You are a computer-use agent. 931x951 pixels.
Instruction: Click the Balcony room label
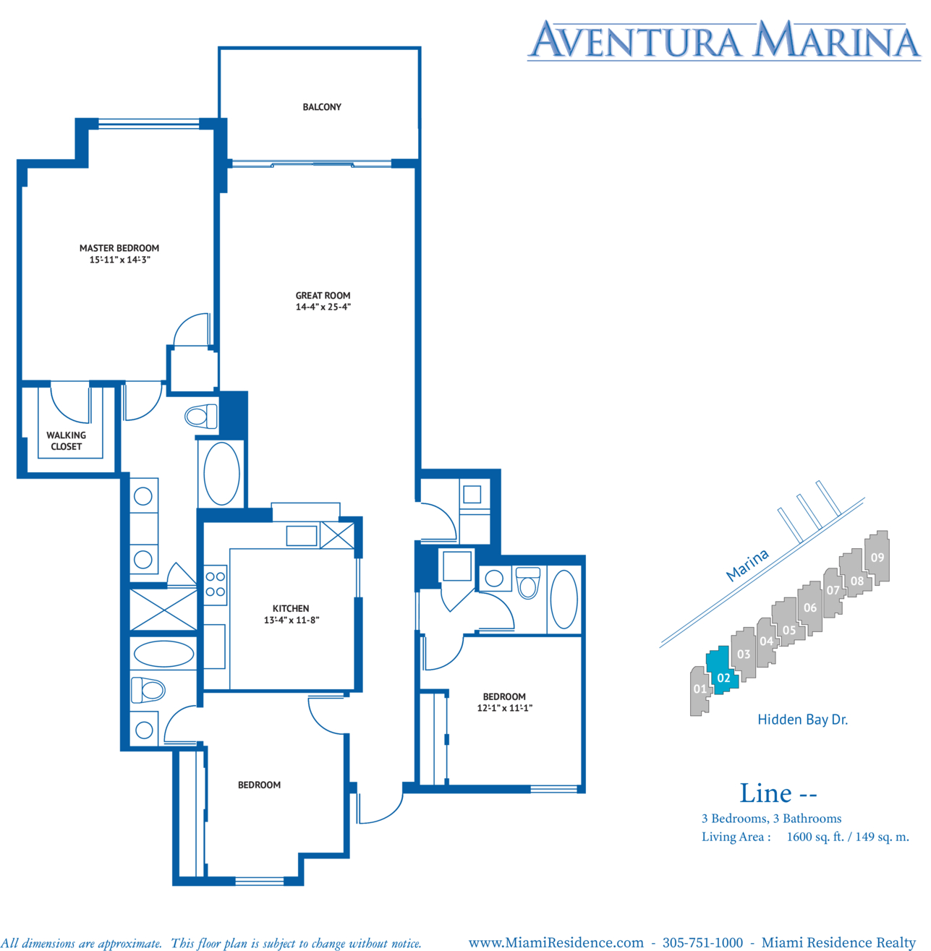322,107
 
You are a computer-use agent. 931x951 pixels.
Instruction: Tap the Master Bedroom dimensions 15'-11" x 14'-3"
119,260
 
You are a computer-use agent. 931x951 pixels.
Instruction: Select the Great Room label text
323,295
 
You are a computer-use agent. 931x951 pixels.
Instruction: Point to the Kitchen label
291,608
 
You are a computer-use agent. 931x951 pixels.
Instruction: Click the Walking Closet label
66,440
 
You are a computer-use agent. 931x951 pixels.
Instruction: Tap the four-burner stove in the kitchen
216,585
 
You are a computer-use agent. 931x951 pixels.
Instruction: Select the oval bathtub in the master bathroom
221,473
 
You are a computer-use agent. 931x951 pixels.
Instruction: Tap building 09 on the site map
877,558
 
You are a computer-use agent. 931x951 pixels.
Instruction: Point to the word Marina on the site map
747,565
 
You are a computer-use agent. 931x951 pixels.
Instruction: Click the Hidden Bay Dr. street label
803,720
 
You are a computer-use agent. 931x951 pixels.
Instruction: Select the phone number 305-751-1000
702,942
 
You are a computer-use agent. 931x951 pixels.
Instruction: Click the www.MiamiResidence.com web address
556,942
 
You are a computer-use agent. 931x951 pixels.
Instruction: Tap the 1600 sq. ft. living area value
815,837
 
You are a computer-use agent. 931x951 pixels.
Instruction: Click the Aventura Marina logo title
724,40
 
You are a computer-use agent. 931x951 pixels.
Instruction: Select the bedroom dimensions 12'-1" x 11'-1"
504,708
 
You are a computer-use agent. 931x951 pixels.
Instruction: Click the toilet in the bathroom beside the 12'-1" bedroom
527,582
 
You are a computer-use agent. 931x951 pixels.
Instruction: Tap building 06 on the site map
810,608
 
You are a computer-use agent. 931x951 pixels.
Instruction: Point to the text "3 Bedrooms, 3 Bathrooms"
772,819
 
